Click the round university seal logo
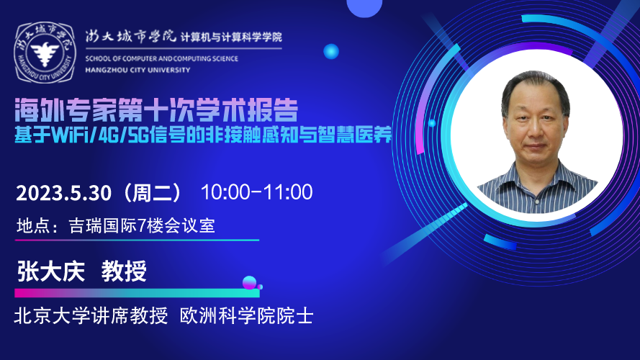point(45,53)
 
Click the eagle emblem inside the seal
point(45,53)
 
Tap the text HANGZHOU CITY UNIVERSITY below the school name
point(138,71)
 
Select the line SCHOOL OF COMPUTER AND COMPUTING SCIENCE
point(162,59)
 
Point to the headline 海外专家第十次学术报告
point(156,109)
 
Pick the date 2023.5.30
point(63,193)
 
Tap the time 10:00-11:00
point(257,192)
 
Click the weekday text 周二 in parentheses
point(152,193)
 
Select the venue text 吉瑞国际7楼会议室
point(142,225)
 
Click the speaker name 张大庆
point(51,271)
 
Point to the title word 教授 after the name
point(124,271)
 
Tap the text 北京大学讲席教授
point(91,316)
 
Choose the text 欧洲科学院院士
point(246,316)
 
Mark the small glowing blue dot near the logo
point(331,52)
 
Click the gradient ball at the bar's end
point(249,283)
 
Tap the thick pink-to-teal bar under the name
point(137,293)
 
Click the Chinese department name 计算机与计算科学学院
point(231,37)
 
